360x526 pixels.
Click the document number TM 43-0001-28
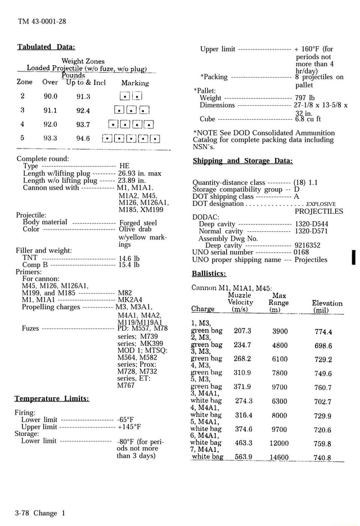pos(42,21)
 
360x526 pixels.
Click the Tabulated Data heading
pos(46,47)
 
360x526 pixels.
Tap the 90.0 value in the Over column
pos(51,96)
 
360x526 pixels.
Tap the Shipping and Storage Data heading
pos(242,161)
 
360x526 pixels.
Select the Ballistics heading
pos(209,273)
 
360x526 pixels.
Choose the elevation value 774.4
pos(323,332)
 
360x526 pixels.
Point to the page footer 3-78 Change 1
pos(40,513)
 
